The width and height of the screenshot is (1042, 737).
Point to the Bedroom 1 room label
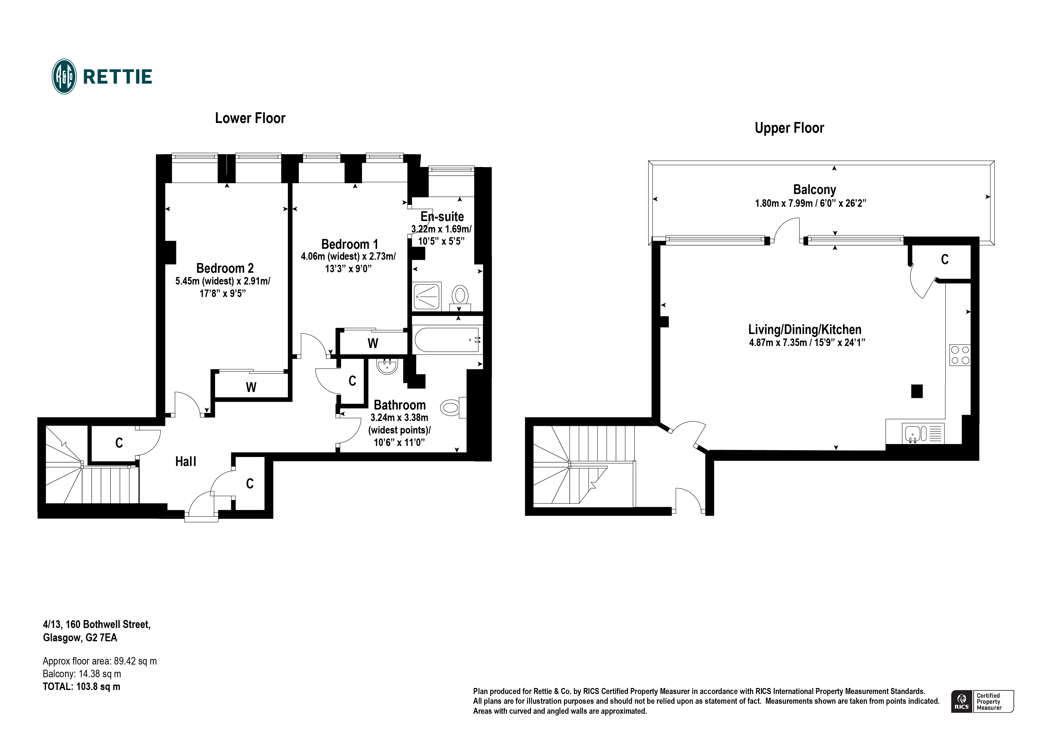pos(349,244)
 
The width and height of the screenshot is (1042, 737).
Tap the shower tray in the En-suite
pos(426,296)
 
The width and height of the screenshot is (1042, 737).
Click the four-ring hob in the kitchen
pos(960,355)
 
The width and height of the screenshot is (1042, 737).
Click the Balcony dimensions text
pos(810,203)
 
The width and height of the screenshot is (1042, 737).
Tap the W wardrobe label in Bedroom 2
pos(251,387)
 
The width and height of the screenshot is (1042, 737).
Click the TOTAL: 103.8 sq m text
pos(82,687)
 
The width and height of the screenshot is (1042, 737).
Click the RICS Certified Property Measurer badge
pos(982,701)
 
